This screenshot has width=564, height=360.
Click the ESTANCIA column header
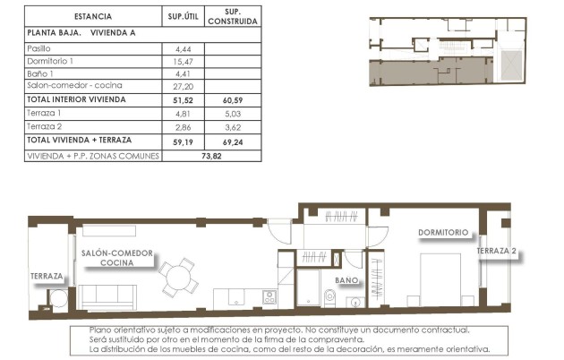[92, 16]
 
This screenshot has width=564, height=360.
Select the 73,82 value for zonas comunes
[209, 155]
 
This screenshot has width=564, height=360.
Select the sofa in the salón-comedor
[108, 296]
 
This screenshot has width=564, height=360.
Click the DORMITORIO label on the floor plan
[443, 233]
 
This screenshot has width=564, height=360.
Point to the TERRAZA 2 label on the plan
[497, 251]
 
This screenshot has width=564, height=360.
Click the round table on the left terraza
[58, 299]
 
